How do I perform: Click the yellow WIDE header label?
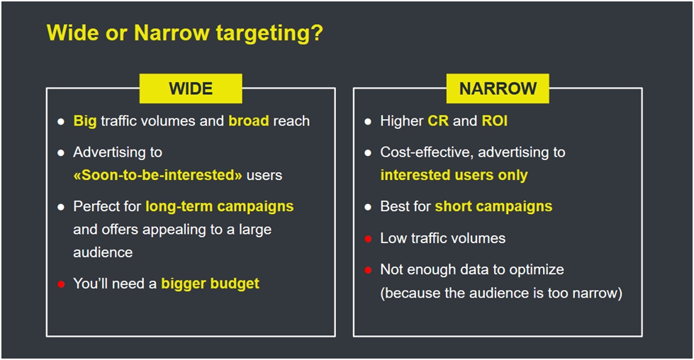tap(191, 89)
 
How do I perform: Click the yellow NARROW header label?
tap(498, 89)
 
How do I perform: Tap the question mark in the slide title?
tap(317, 33)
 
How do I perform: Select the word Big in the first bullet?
tap(85, 121)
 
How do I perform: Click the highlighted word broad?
tap(249, 120)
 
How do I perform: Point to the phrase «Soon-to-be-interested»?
tap(157, 175)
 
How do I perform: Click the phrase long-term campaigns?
tap(220, 206)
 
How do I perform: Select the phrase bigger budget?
tap(211, 284)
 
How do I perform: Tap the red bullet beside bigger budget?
tap(61, 284)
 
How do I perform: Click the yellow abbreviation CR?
tap(438, 120)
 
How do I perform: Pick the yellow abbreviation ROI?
tap(495, 120)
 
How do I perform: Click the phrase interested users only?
tap(454, 175)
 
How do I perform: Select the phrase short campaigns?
tap(493, 206)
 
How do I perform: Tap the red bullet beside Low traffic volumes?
tap(368, 239)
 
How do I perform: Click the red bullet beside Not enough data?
tap(368, 270)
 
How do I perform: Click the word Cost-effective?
tap(427, 152)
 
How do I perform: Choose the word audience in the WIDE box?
tap(103, 252)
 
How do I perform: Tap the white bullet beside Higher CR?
tap(368, 122)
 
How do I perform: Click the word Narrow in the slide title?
tap(172, 33)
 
